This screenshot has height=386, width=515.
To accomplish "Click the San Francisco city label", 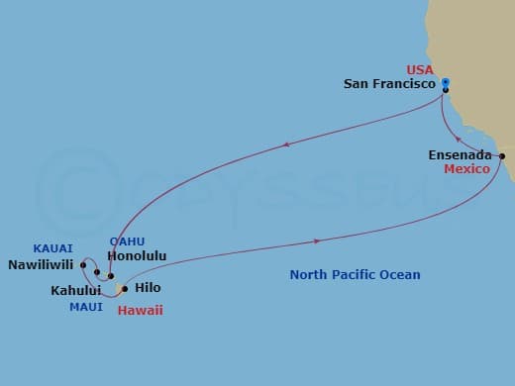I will point(389,85).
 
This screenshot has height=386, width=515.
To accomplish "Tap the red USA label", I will point(421,69).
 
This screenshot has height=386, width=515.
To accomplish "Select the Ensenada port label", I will point(458,154).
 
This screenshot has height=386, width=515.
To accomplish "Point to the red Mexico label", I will point(466,169).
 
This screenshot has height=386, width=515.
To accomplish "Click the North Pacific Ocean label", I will point(355,274).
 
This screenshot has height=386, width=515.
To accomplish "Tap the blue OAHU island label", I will point(122,241).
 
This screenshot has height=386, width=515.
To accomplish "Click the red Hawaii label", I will point(140,310).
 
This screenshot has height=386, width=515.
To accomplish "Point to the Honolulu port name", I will point(140,255).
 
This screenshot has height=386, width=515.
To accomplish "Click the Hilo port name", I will point(147,288).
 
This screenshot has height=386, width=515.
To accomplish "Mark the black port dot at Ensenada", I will point(502,156).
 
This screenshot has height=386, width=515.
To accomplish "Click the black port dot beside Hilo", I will point(124,289).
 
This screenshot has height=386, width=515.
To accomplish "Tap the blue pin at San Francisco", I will point(446,83).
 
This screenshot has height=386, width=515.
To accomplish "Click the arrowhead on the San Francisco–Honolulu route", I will point(286,145).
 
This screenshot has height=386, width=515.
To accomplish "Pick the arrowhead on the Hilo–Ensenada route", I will point(317,241).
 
